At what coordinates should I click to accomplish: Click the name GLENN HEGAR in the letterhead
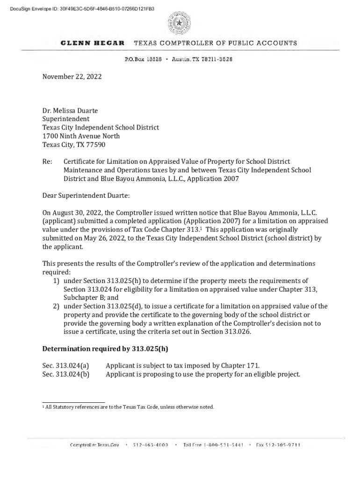(93, 43)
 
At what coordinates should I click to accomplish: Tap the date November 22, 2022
(72, 76)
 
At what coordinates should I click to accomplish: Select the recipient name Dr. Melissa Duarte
(70, 110)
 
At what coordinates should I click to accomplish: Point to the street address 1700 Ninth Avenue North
(81, 136)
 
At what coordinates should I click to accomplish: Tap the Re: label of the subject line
(47, 161)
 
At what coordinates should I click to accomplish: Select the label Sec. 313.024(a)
(65, 365)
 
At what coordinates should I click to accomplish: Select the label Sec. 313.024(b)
(65, 374)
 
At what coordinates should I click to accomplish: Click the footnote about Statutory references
(129, 407)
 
